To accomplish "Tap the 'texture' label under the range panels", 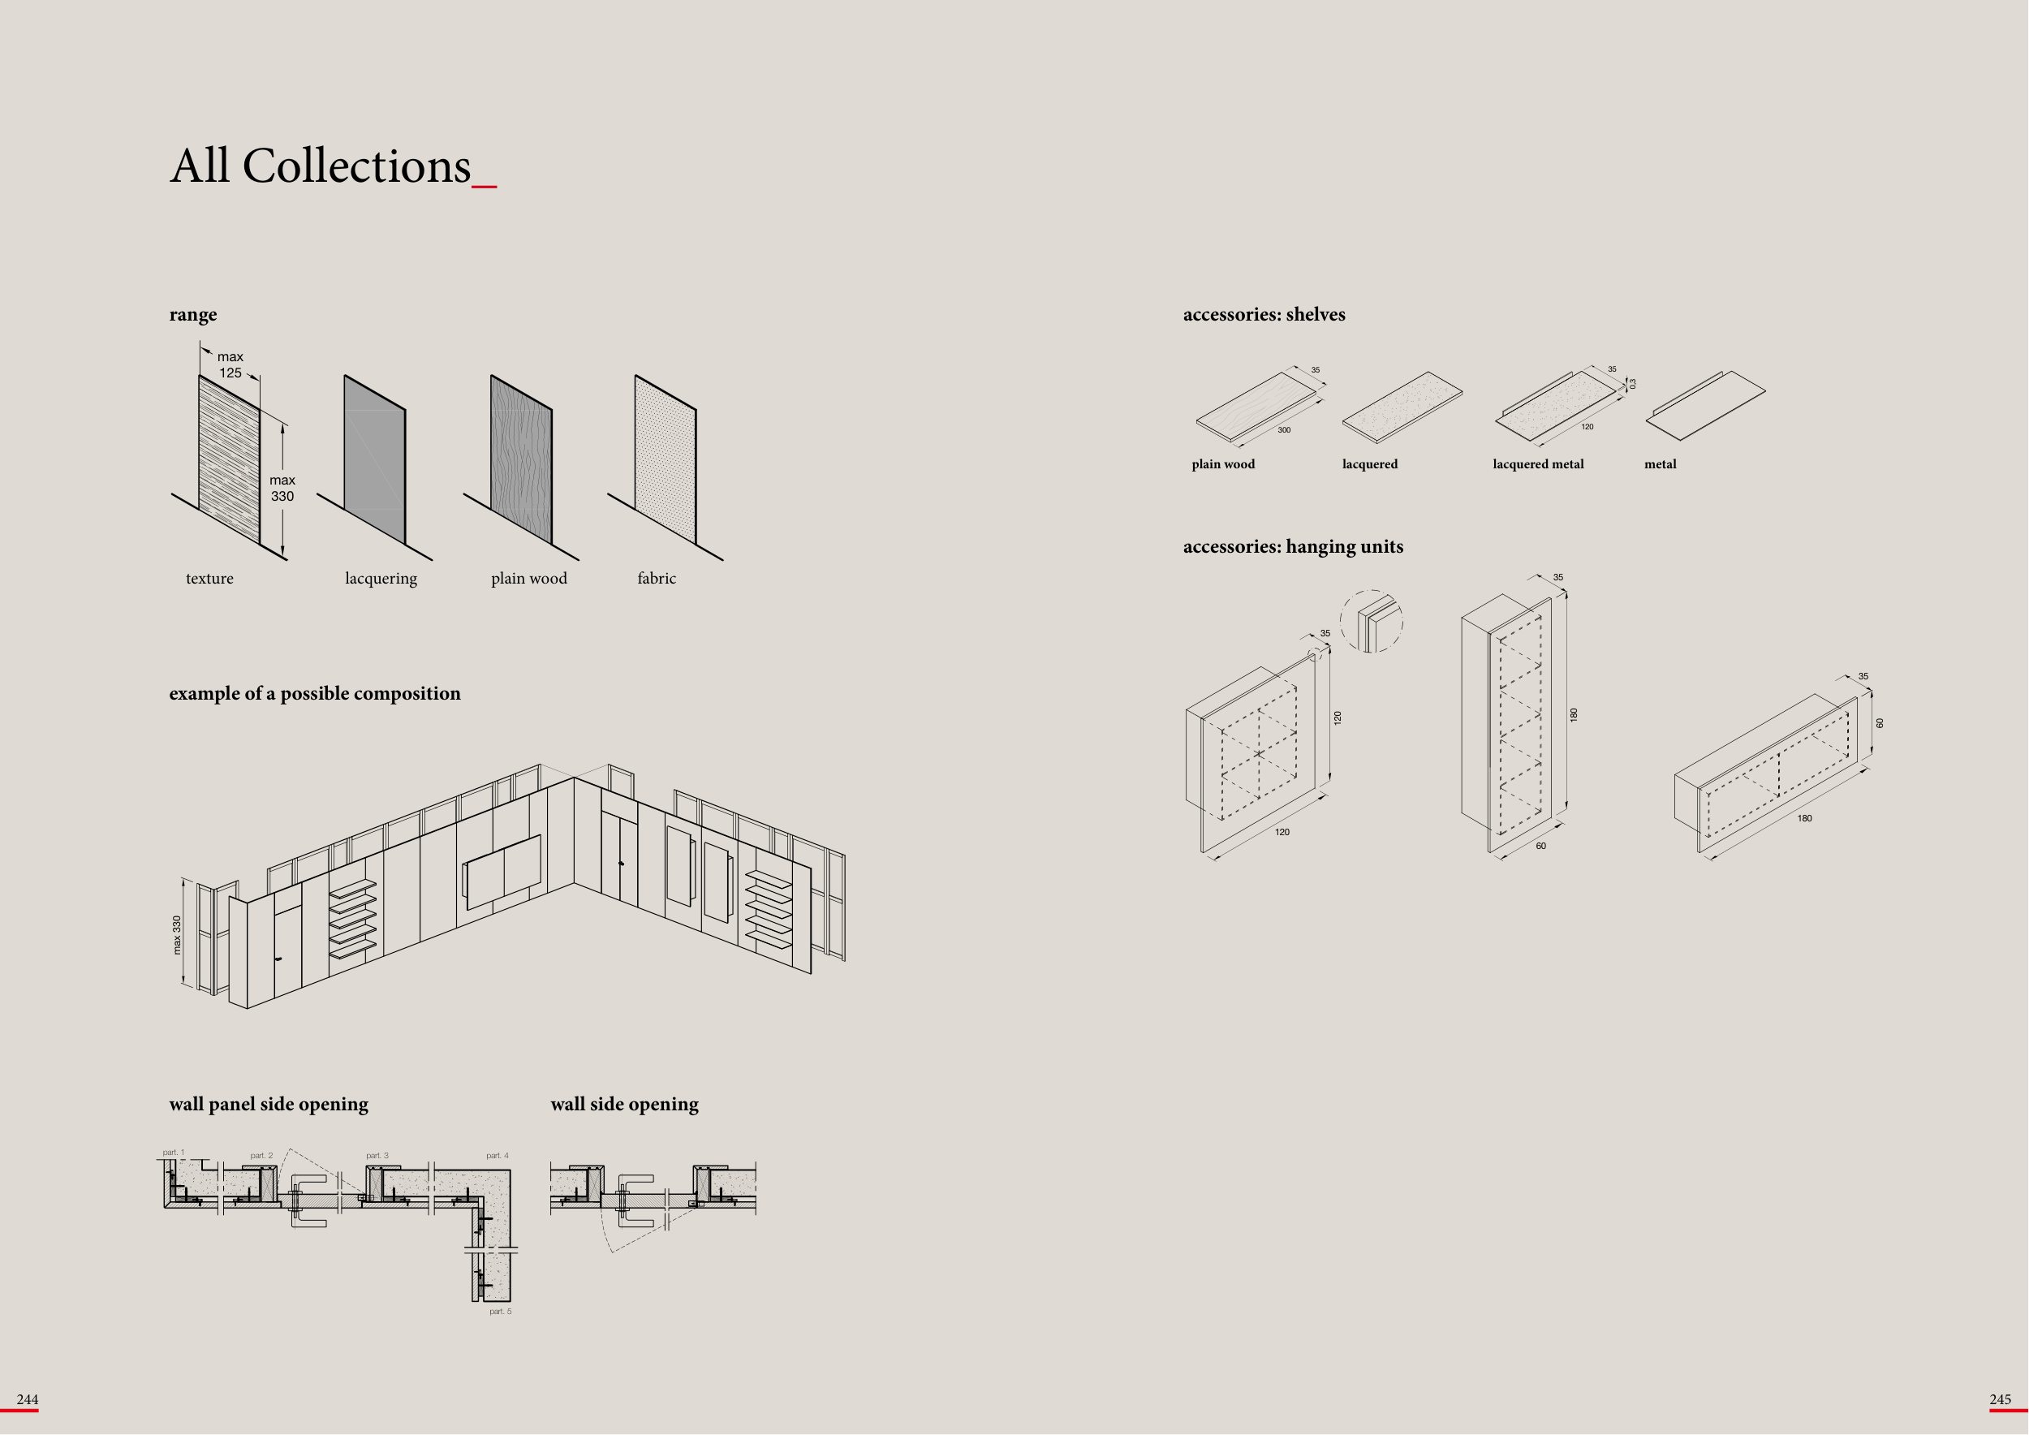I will pyautogui.click(x=209, y=579).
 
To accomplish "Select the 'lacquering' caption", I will pyautogui.click(x=381, y=579).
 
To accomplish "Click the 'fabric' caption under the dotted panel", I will pyautogui.click(x=657, y=579).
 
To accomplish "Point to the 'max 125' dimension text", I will pyautogui.click(x=230, y=365).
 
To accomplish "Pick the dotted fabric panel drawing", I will pyautogui.click(x=666, y=459).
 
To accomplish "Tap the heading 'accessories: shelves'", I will pyautogui.click(x=1264, y=315).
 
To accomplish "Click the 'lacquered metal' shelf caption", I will pyautogui.click(x=1538, y=465).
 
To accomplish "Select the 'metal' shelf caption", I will pyautogui.click(x=1660, y=465).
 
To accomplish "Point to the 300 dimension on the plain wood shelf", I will pyautogui.click(x=1284, y=430).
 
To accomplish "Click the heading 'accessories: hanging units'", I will pyautogui.click(x=1293, y=547).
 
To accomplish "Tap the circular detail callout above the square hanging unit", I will pyautogui.click(x=1372, y=621).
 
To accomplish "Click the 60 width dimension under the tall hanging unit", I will pyautogui.click(x=1541, y=847).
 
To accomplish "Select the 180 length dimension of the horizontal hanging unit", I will pyautogui.click(x=1804, y=819).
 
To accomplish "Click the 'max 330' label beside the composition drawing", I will pyautogui.click(x=177, y=935).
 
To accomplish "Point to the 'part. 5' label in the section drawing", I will pyautogui.click(x=500, y=1312).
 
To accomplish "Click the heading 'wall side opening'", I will pyautogui.click(x=624, y=1105).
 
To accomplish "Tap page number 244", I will pyautogui.click(x=28, y=1399).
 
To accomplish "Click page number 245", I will pyautogui.click(x=2000, y=1399).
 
